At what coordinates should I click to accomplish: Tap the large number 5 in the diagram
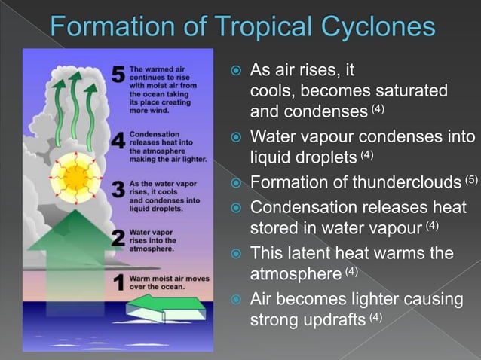pyautogui.click(x=118, y=75)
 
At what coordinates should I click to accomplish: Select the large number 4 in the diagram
pyautogui.click(x=118, y=141)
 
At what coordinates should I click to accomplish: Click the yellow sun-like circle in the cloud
pyautogui.click(x=75, y=177)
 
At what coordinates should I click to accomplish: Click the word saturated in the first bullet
pyautogui.click(x=415, y=91)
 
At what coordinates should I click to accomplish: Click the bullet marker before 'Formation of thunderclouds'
pyautogui.click(x=236, y=183)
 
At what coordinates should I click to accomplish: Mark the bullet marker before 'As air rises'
pyautogui.click(x=236, y=71)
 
